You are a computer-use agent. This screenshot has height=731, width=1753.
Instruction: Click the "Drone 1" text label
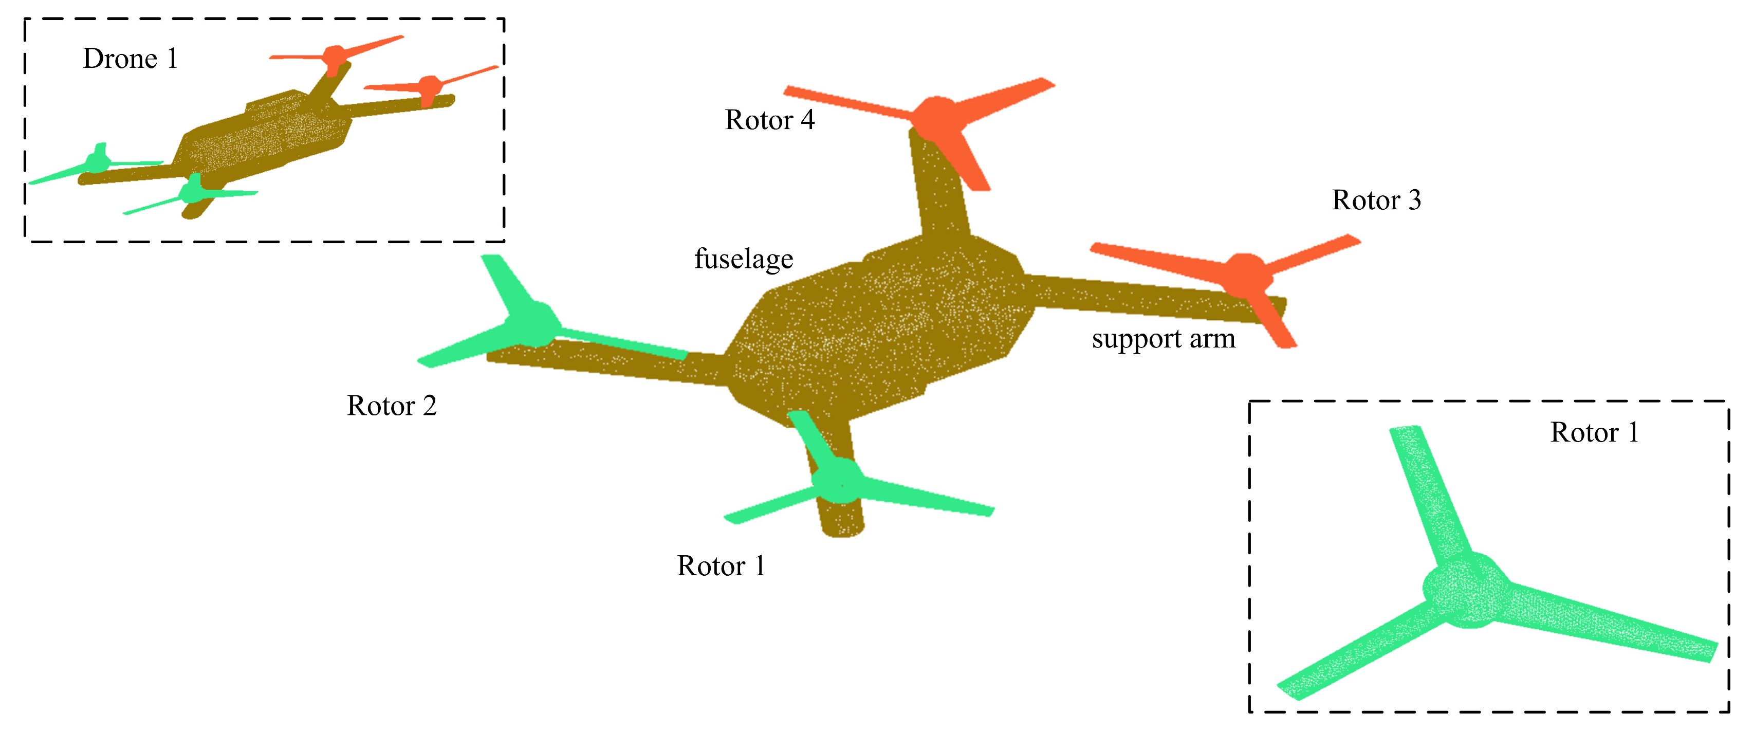[x=130, y=59]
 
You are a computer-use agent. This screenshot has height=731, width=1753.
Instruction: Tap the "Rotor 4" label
[x=770, y=120]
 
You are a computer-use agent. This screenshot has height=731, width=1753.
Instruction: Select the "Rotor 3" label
[x=1376, y=200]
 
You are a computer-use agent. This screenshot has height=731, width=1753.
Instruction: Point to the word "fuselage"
[x=743, y=259]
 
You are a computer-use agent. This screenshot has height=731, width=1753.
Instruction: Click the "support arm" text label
[x=1163, y=338]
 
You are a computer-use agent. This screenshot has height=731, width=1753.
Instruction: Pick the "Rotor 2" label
[x=391, y=406]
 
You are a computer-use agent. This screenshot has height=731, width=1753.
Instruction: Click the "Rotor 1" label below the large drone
[x=721, y=565]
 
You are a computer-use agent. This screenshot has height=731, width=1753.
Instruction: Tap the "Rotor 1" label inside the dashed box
[x=1594, y=432]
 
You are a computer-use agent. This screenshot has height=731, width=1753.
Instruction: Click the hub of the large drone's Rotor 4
[x=936, y=117]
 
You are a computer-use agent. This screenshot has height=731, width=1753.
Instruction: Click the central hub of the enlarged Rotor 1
[x=1467, y=590]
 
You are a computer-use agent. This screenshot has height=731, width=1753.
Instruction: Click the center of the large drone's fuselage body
[x=878, y=327]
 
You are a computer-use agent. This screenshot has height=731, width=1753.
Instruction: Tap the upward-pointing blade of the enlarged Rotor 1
[x=1426, y=490]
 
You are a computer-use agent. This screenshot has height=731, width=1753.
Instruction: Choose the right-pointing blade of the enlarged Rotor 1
[x=1613, y=623]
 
